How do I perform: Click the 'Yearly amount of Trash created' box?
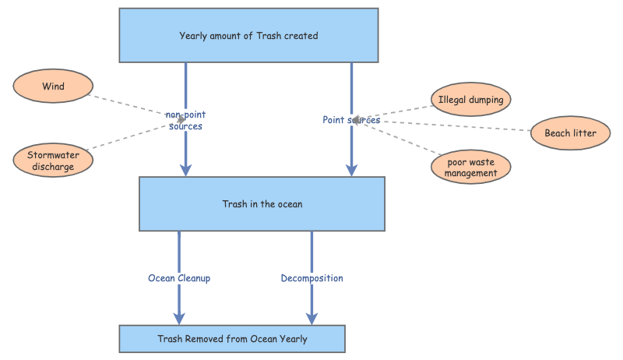(248, 35)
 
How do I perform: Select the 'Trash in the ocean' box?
(262, 204)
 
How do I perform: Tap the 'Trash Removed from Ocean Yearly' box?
(232, 339)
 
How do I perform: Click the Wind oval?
(54, 86)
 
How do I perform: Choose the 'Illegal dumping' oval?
(471, 100)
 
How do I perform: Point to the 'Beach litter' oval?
(570, 133)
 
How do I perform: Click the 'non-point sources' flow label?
(185, 121)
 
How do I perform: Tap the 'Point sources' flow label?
(351, 120)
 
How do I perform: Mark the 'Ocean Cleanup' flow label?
(179, 277)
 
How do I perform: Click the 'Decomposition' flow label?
(311, 277)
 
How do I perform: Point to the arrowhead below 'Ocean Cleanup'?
(179, 318)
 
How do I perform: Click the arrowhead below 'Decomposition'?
(311, 318)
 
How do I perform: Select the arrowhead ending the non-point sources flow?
(185, 170)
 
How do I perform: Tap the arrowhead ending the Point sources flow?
(351, 170)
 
